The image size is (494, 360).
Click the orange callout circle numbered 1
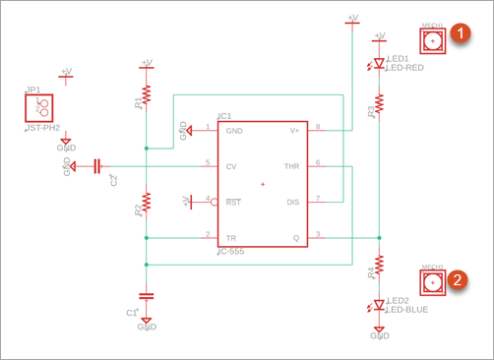(x=460, y=32)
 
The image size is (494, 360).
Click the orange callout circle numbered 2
(x=459, y=279)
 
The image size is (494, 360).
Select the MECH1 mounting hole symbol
(x=432, y=40)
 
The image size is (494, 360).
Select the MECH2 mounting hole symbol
(x=432, y=283)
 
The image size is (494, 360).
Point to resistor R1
(x=146, y=93)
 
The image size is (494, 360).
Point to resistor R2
(x=146, y=203)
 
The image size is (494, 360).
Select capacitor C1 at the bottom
(x=146, y=294)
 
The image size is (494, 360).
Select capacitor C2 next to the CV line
(x=97, y=166)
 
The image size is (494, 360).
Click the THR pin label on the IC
(x=291, y=166)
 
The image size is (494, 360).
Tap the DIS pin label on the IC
(x=292, y=202)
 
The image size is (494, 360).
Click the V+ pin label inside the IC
(x=294, y=130)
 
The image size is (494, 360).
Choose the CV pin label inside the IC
(x=232, y=166)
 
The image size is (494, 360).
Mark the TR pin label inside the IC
(x=231, y=237)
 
